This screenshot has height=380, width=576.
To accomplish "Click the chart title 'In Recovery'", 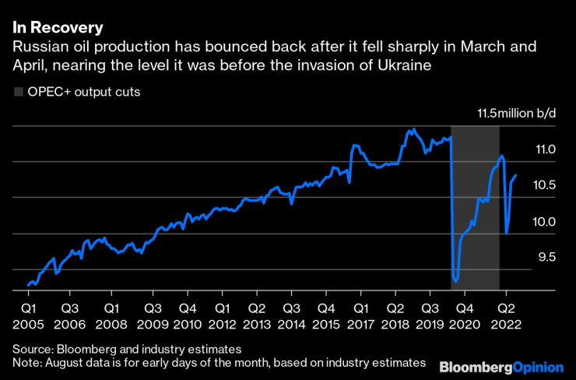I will (x=58, y=29).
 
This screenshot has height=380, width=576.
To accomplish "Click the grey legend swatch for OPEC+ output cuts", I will (x=19, y=92).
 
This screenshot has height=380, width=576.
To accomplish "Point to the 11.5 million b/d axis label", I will (x=517, y=114).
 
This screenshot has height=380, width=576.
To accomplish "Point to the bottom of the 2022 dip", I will (x=507, y=232).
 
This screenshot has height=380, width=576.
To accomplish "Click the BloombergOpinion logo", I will (x=502, y=365).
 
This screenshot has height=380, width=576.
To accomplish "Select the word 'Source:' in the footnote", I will (x=32, y=348).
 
